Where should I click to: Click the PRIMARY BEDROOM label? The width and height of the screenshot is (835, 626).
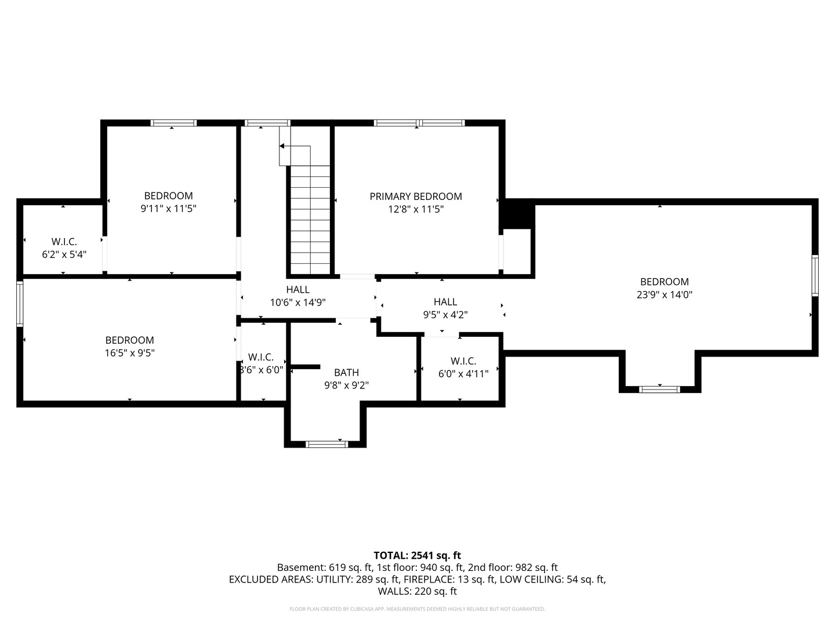[416, 196]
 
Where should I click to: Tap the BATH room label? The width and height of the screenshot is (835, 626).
[347, 373]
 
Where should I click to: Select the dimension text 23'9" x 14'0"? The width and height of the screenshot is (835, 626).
[665, 294]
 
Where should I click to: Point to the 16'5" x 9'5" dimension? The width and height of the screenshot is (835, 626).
[130, 353]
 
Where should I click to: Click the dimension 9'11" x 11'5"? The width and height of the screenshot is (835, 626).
[169, 209]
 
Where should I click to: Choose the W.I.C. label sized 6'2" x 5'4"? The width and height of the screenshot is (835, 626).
[64, 242]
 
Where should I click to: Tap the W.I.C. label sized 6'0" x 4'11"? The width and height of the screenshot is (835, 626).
[463, 361]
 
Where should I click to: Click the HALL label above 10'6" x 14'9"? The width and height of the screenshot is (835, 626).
[298, 290]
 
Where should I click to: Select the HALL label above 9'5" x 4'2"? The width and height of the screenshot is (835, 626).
[445, 302]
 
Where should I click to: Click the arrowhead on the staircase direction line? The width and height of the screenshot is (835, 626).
[282, 146]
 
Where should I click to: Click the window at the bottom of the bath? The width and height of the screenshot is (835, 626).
[327, 445]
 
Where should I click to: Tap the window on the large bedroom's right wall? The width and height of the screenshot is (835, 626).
[815, 275]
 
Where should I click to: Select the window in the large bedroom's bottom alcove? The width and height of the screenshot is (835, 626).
[659, 389]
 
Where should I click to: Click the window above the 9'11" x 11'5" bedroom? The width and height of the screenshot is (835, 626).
[173, 123]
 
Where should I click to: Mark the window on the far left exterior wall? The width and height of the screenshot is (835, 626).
[20, 303]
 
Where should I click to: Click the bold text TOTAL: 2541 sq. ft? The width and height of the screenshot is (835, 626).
[418, 556]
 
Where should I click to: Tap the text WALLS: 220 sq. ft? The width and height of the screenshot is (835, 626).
[418, 591]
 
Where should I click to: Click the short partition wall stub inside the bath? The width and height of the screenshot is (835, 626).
[304, 367]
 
